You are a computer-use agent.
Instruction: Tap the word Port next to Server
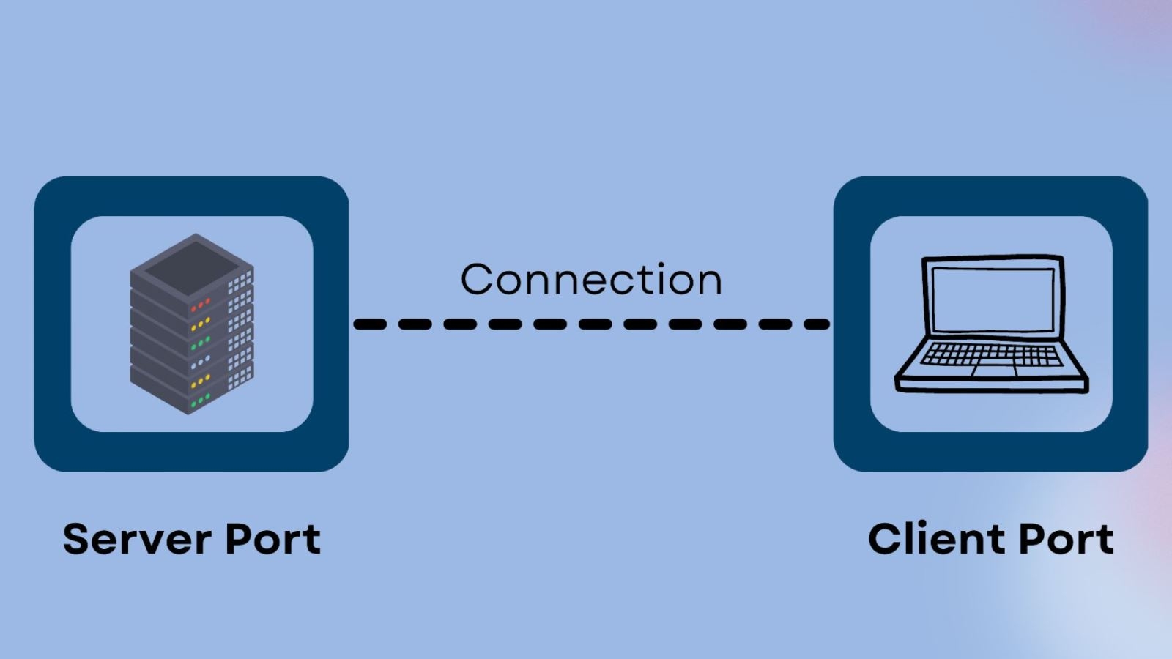coord(272,540)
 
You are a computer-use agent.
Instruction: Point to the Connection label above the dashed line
coord(591,280)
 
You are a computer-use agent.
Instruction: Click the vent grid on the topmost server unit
coord(240,283)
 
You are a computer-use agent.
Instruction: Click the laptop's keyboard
coord(991,354)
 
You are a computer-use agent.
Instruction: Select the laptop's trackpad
coord(994,371)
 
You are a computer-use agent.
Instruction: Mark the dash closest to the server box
coord(370,324)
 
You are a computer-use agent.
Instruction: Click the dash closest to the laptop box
coord(817,324)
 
